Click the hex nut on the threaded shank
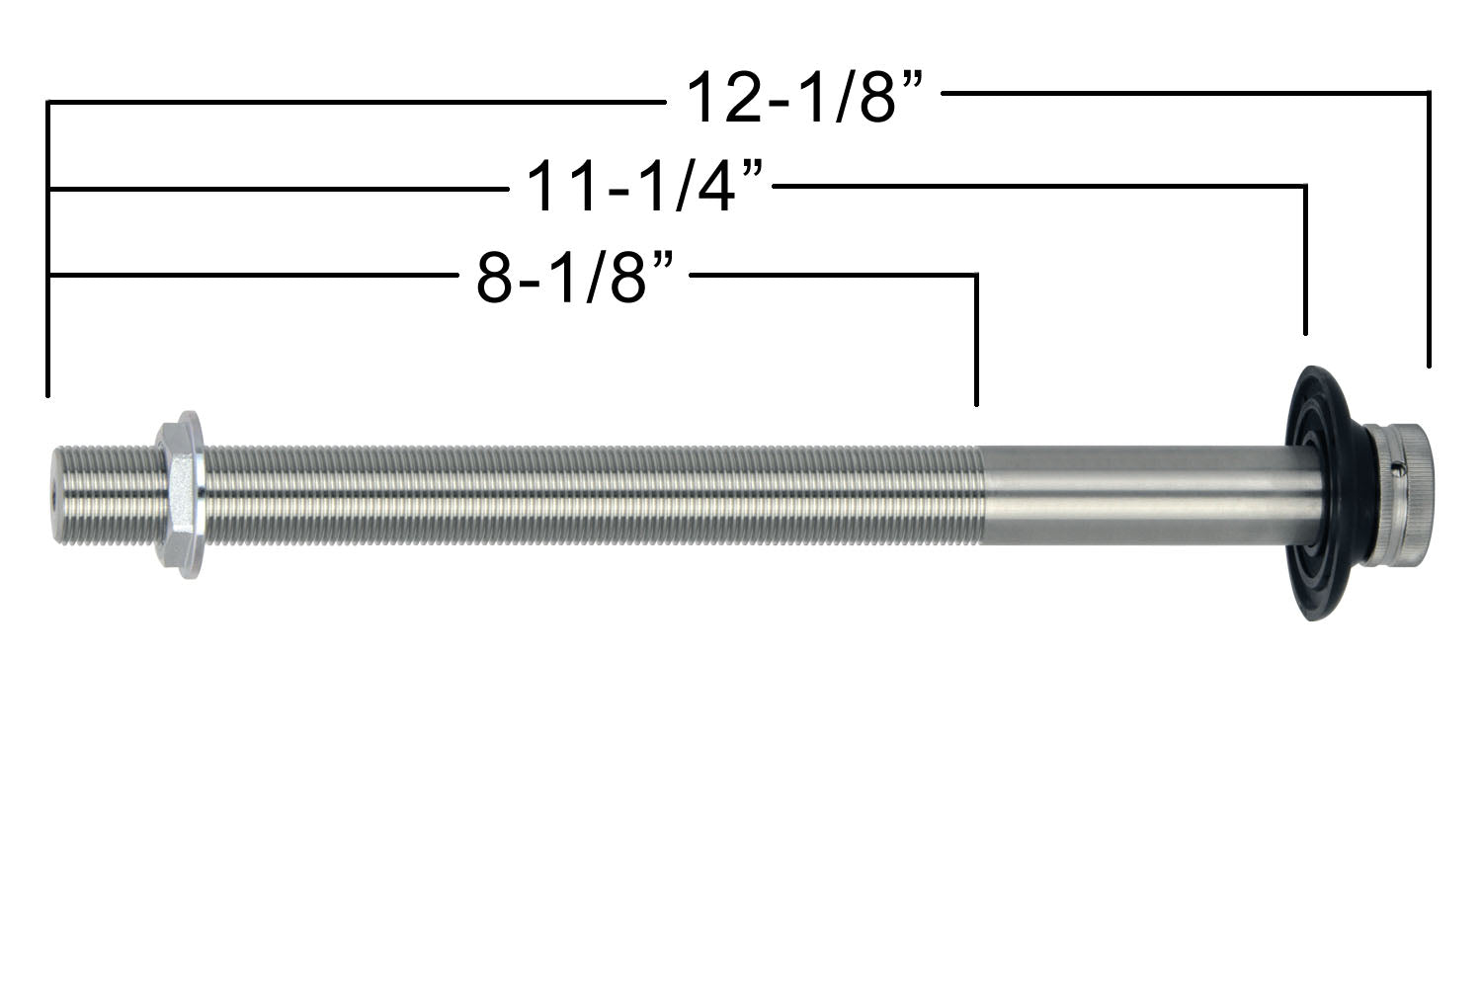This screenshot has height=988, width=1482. point(181,494)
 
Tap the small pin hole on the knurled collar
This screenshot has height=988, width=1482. point(1395,466)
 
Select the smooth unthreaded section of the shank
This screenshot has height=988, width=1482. point(1136,494)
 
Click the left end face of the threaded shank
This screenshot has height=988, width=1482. point(53,494)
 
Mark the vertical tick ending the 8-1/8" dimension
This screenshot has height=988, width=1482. point(976,341)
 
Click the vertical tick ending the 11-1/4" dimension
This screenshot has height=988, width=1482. point(1306,262)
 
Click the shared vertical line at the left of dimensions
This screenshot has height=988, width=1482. point(47,247)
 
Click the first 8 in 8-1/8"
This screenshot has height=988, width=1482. point(493,279)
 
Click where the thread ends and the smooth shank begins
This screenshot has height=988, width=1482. point(981,494)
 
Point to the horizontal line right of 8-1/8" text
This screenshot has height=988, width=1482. point(830,274)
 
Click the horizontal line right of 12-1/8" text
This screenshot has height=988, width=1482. point(1186,93)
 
